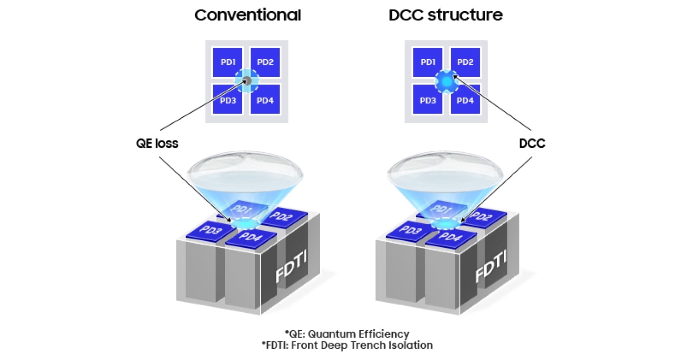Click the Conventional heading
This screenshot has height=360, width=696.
click(x=247, y=15)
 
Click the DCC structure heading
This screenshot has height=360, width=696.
click(x=446, y=15)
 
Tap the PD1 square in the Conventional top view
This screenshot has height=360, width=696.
click(x=227, y=62)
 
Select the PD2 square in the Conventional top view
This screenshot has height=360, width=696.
click(x=265, y=62)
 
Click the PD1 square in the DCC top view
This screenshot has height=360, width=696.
click(x=427, y=62)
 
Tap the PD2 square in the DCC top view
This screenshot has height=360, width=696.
click(x=465, y=62)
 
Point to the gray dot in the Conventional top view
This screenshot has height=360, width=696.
click(x=246, y=81)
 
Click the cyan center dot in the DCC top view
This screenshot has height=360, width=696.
click(x=446, y=81)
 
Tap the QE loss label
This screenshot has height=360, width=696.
click(x=157, y=144)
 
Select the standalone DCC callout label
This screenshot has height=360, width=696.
click(x=532, y=144)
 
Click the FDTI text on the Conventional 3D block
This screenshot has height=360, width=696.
click(x=291, y=266)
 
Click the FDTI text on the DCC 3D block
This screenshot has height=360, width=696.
click(x=491, y=266)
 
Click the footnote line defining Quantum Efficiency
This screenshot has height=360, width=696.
click(x=347, y=334)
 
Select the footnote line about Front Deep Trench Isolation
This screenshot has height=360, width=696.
click(x=347, y=345)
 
